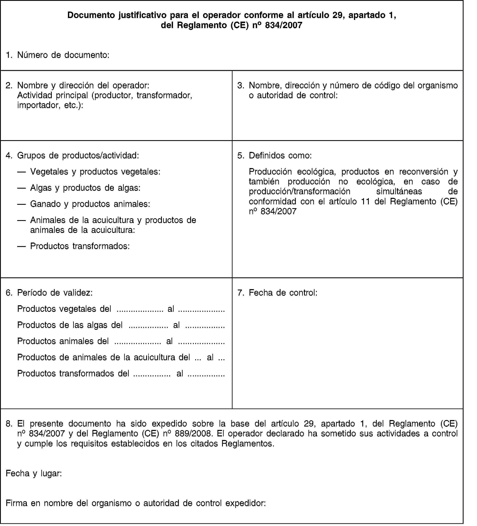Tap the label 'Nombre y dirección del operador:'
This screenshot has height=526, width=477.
(x=83, y=85)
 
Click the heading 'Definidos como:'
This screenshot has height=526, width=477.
(x=280, y=155)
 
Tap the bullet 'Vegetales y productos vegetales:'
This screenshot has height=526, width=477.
(x=95, y=172)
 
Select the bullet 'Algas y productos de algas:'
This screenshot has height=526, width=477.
(x=85, y=188)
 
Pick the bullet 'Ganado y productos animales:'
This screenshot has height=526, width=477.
(x=90, y=204)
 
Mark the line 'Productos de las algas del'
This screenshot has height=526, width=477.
(x=70, y=325)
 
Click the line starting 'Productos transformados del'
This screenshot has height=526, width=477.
(x=73, y=374)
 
